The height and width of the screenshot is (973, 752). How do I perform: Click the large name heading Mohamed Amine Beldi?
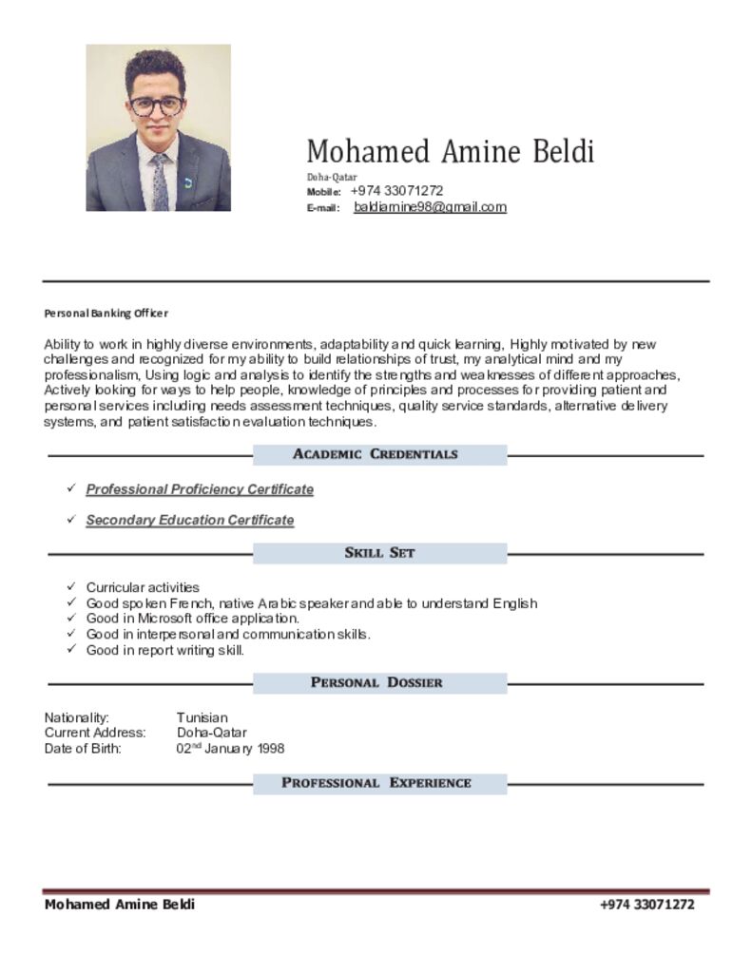coord(450,151)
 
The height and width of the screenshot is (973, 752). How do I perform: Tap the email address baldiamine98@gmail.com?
coord(430,207)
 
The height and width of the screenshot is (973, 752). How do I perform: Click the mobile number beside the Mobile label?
coord(396,191)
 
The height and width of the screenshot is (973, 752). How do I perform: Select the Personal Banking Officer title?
coord(106,313)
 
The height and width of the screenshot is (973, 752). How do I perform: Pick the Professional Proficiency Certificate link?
coord(200,489)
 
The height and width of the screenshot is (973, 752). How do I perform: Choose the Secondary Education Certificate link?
coord(190,521)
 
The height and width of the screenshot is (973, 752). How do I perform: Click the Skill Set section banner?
coord(379,553)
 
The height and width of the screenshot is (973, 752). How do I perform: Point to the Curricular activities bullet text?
coord(143,587)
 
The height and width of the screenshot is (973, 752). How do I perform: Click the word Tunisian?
coord(202,717)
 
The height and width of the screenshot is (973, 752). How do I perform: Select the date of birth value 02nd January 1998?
coord(230,749)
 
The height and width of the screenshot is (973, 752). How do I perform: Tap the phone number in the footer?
coord(646,905)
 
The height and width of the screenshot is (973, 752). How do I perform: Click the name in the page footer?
coord(120,905)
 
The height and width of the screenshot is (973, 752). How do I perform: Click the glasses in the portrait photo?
coord(157,105)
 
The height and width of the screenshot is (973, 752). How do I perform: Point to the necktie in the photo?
coord(160,181)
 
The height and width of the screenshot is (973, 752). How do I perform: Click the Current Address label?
coord(95,733)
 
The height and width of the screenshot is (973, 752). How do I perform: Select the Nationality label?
coord(77,717)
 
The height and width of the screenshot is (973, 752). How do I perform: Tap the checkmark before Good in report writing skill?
coord(71,650)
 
